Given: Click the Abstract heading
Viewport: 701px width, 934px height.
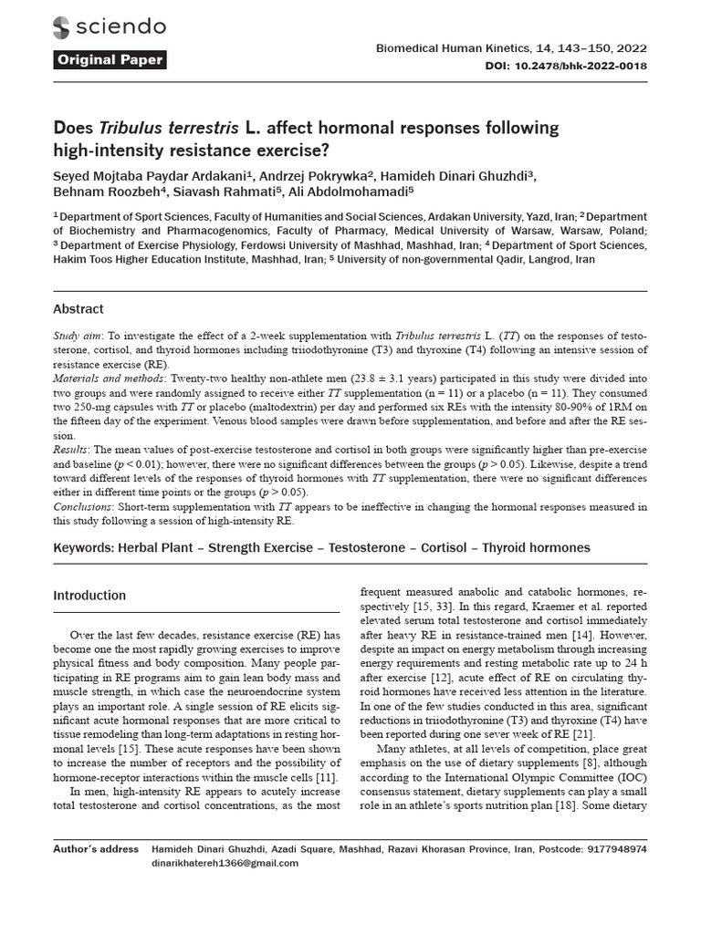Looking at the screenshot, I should (78, 309).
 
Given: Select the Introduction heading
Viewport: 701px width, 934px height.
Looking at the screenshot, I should (89, 596).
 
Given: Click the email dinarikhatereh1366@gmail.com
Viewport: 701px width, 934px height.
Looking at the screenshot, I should (225, 863).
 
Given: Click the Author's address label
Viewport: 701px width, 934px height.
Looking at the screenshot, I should (96, 848).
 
